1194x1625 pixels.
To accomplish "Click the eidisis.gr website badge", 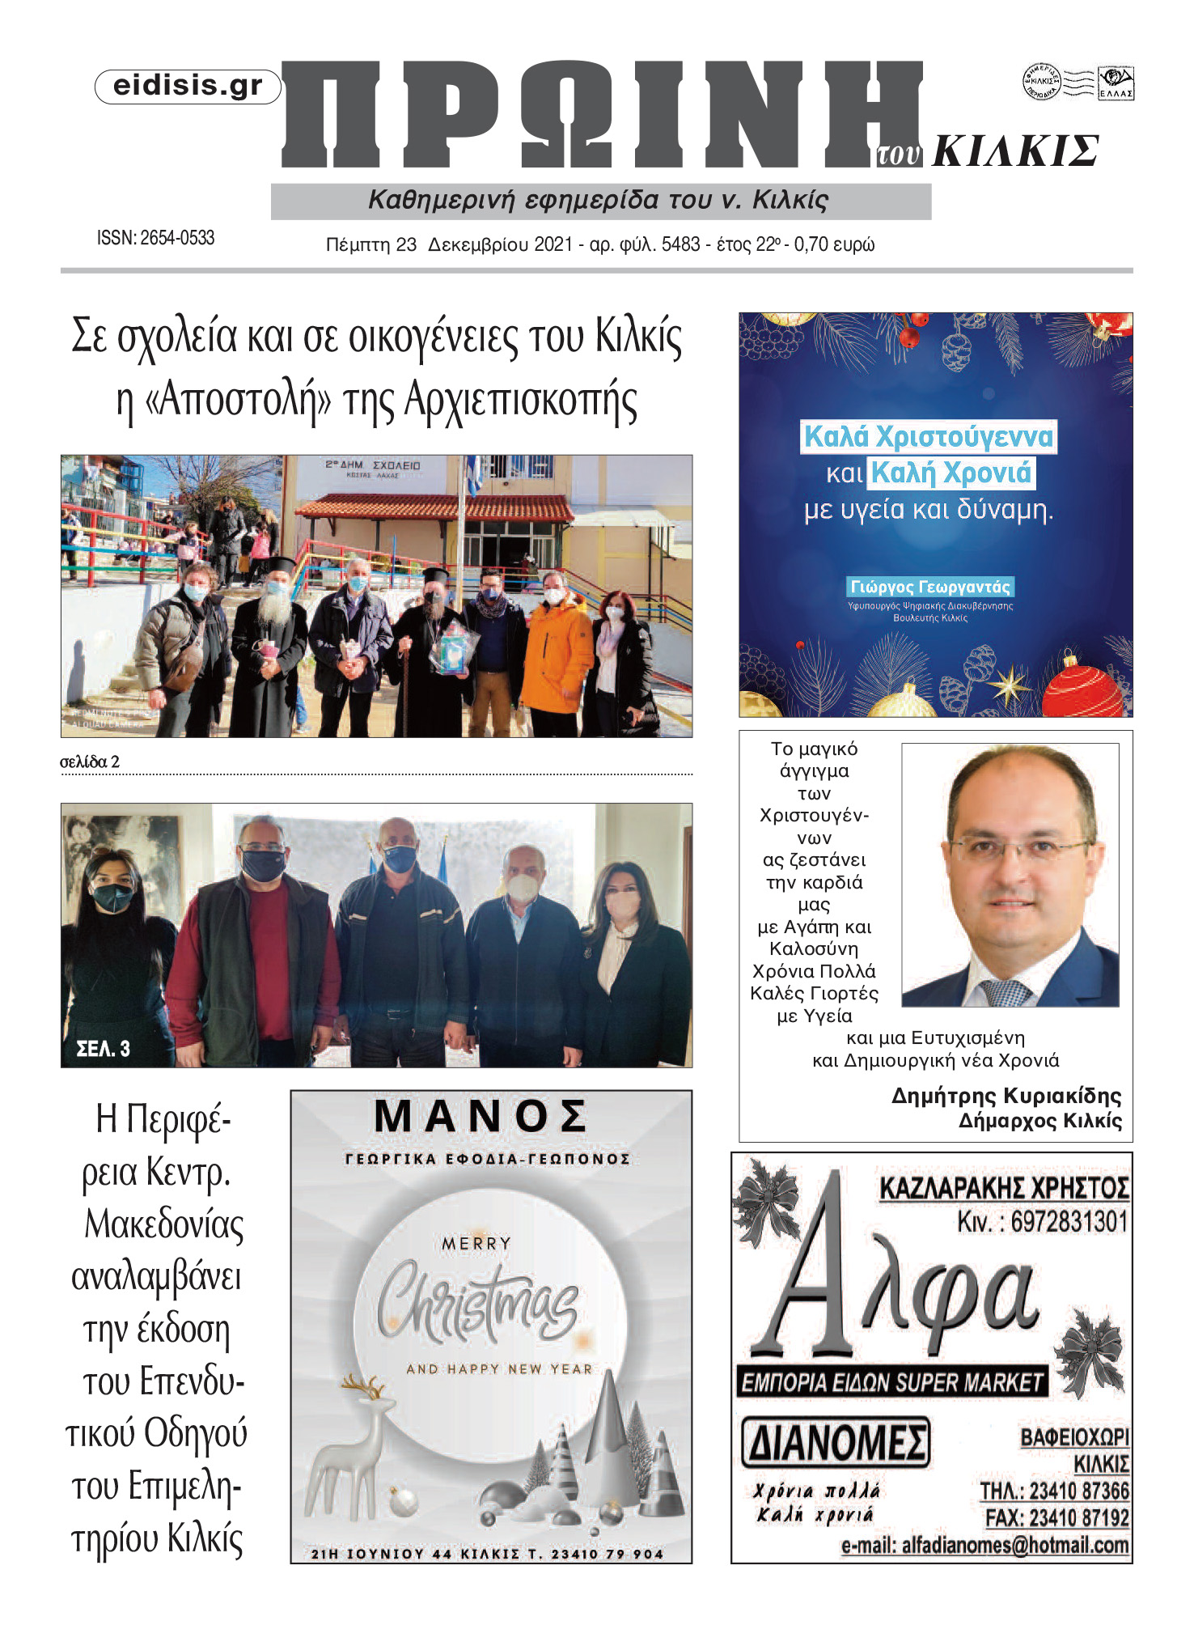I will tap(188, 87).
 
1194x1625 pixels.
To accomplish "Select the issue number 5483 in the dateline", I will tap(680, 244).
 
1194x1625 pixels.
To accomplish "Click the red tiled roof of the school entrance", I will tap(437, 507).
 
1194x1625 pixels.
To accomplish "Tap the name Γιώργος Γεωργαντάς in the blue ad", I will tap(930, 587).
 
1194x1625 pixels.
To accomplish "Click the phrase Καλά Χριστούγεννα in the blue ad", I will tap(928, 437).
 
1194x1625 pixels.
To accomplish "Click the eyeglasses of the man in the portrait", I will tap(1018, 851).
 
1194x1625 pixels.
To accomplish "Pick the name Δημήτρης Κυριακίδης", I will tap(1006, 1096).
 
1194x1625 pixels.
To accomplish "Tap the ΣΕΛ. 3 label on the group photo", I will tap(103, 1050).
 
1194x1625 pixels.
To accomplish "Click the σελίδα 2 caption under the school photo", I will tap(90, 762).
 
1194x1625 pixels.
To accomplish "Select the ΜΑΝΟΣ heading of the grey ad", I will tap(481, 1118).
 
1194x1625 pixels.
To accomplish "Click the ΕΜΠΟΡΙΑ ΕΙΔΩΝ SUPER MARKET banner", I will tap(891, 1382).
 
